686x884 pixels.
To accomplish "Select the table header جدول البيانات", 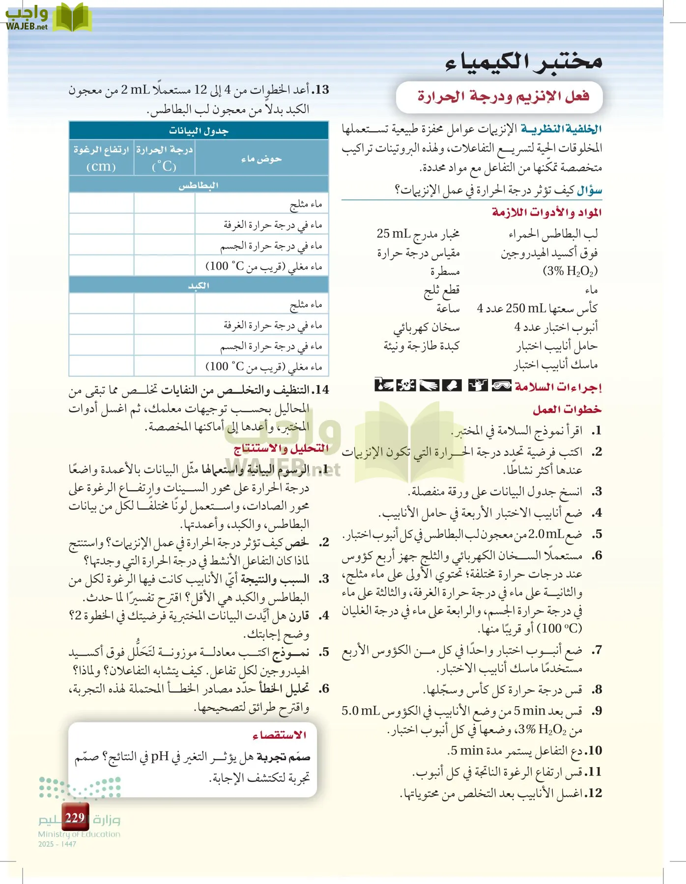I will coord(199,131).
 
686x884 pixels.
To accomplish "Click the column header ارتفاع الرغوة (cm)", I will coord(101,158).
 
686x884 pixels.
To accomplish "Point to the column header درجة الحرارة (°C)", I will coord(164,158).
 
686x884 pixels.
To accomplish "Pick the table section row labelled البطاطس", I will coord(199,185).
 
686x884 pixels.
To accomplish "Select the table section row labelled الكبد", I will coord(199,285).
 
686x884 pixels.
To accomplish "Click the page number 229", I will coord(75,818).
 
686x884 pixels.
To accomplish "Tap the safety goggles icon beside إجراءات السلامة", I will coord(501,386).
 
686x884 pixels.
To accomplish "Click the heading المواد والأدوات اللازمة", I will coord(546,212).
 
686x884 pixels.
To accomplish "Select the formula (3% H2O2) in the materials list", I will coord(570,271).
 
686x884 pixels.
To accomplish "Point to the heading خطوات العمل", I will coord(567,409).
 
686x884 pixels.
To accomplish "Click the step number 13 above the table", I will coord(321,90).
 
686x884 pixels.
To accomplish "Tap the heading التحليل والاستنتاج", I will coord(281,448).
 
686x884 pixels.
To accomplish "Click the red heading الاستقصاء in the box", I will coord(280,735).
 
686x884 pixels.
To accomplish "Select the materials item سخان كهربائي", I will coord(427,328).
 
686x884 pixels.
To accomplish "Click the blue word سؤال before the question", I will coord(590,190).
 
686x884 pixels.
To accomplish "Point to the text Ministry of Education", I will coord(79,834).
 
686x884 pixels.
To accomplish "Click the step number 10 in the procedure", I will coord(594,750).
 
